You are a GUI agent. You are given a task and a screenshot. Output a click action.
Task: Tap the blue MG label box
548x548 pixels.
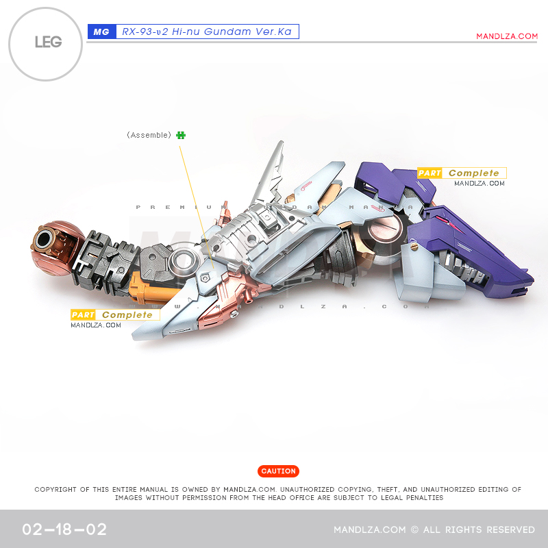(101, 32)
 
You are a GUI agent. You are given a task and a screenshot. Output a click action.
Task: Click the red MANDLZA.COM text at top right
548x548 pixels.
(507, 36)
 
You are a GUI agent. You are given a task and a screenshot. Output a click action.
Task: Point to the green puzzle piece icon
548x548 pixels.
(180, 135)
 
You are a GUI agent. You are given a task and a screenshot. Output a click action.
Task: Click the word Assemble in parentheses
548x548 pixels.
(149, 135)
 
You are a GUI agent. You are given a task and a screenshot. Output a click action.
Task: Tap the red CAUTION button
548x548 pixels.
(278, 471)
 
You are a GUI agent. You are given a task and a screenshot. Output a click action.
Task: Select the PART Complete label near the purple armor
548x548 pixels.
(462, 173)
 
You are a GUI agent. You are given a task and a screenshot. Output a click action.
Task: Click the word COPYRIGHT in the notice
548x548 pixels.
(59, 489)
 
